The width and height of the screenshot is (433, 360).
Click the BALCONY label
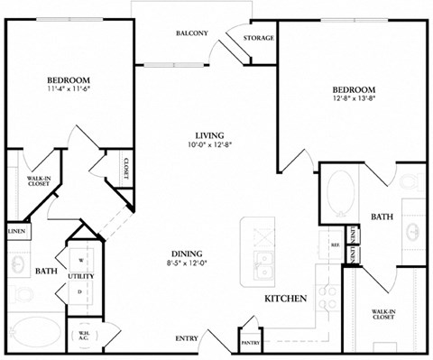(191, 34)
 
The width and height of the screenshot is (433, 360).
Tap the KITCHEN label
(287, 298)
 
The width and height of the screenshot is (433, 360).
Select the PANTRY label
(251, 343)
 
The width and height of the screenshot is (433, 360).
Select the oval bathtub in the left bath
(36, 330)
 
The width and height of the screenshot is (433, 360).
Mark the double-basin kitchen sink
(263, 267)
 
